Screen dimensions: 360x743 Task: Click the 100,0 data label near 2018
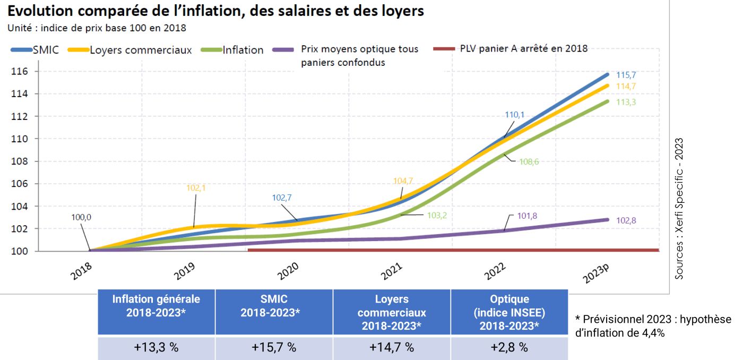(x=81, y=217)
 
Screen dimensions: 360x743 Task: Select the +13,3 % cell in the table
(x=156, y=348)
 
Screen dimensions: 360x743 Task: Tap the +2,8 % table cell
(x=509, y=348)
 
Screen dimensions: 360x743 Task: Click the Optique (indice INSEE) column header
(x=509, y=312)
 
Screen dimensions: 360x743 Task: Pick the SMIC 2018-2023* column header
(x=274, y=306)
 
